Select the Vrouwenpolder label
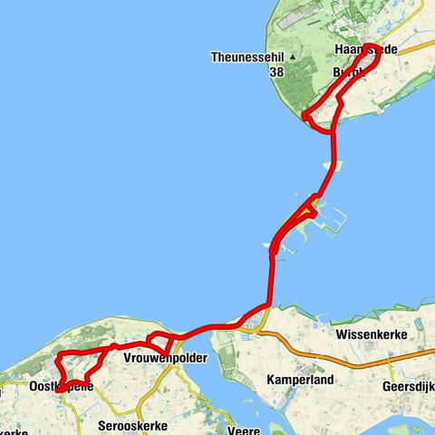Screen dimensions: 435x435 pyautogui.click(x=165, y=359)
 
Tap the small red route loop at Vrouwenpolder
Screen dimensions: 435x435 pyautogui.click(x=159, y=343)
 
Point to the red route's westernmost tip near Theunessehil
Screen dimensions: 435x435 pyautogui.click(x=304, y=116)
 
